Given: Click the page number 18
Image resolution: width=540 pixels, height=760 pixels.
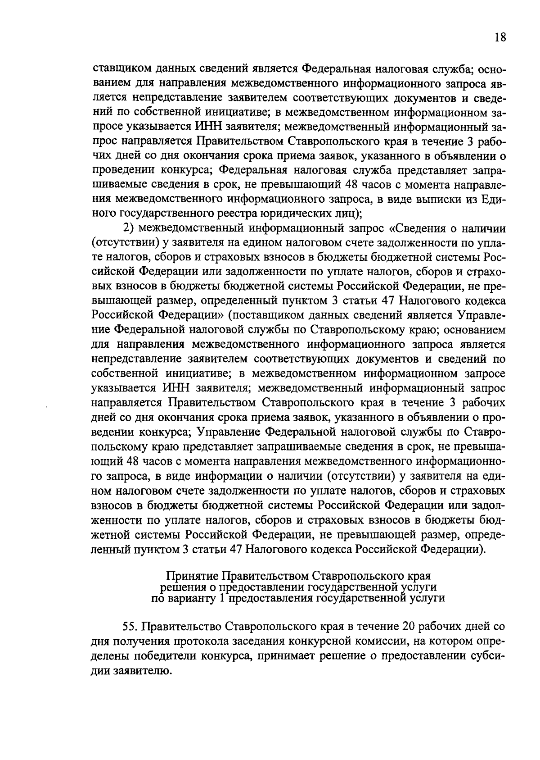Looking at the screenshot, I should point(500,37).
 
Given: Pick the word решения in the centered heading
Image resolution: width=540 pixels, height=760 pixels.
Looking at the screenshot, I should point(180,587).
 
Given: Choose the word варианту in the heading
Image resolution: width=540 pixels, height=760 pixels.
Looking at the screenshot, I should point(192,598).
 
